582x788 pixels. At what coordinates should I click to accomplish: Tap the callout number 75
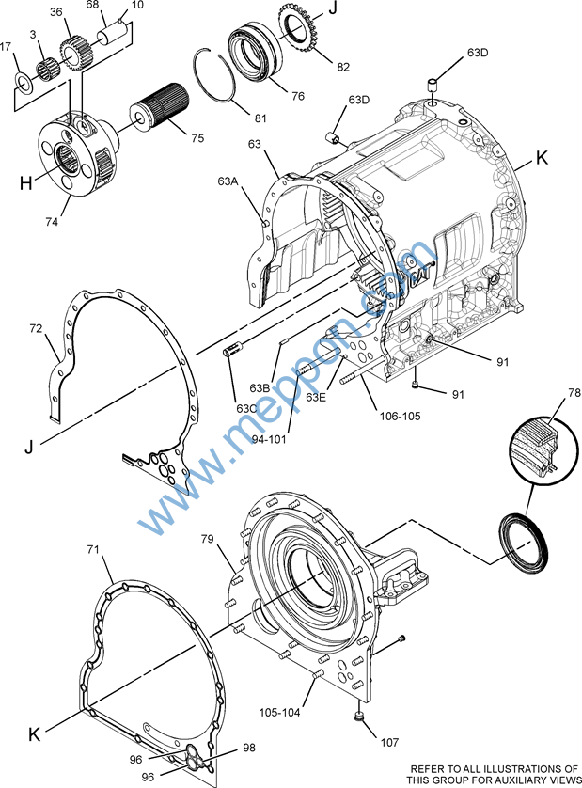tap(197, 137)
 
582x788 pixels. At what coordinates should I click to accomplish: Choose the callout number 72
tap(36, 328)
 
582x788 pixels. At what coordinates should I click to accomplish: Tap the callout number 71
tap(93, 549)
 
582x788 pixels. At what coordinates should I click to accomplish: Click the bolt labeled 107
tap(358, 718)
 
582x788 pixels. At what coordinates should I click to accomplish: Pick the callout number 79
tap(210, 539)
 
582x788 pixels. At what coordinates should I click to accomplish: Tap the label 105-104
tap(280, 712)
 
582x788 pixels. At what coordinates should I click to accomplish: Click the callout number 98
tap(249, 749)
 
